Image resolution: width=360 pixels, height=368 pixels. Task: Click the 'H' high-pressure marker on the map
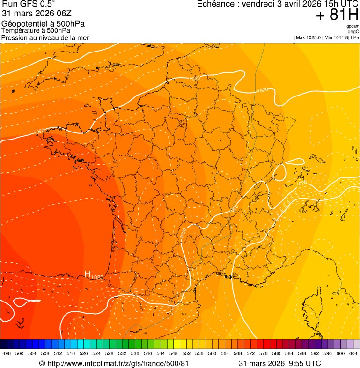tap(87, 274)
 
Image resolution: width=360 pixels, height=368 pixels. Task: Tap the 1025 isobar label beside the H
tap(97, 277)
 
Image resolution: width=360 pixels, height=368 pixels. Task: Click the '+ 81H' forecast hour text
tap(337, 15)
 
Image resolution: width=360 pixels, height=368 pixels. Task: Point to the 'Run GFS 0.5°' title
tap(28, 4)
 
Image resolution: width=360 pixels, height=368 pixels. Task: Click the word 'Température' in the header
tap(19, 31)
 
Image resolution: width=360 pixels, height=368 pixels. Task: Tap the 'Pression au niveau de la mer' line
tap(45, 37)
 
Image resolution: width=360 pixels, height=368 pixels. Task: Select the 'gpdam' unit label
tap(353, 26)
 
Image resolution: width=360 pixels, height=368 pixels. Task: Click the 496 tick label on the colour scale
tap(7, 353)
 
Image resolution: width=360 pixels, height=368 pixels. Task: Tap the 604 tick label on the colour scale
tap(353, 353)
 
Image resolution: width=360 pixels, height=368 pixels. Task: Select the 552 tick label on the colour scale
tap(186, 353)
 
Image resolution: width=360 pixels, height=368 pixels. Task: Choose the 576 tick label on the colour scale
tap(264, 353)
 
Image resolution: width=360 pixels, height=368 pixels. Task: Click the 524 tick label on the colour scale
tap(96, 353)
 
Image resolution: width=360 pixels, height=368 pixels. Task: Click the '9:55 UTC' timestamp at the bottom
tap(306, 363)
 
